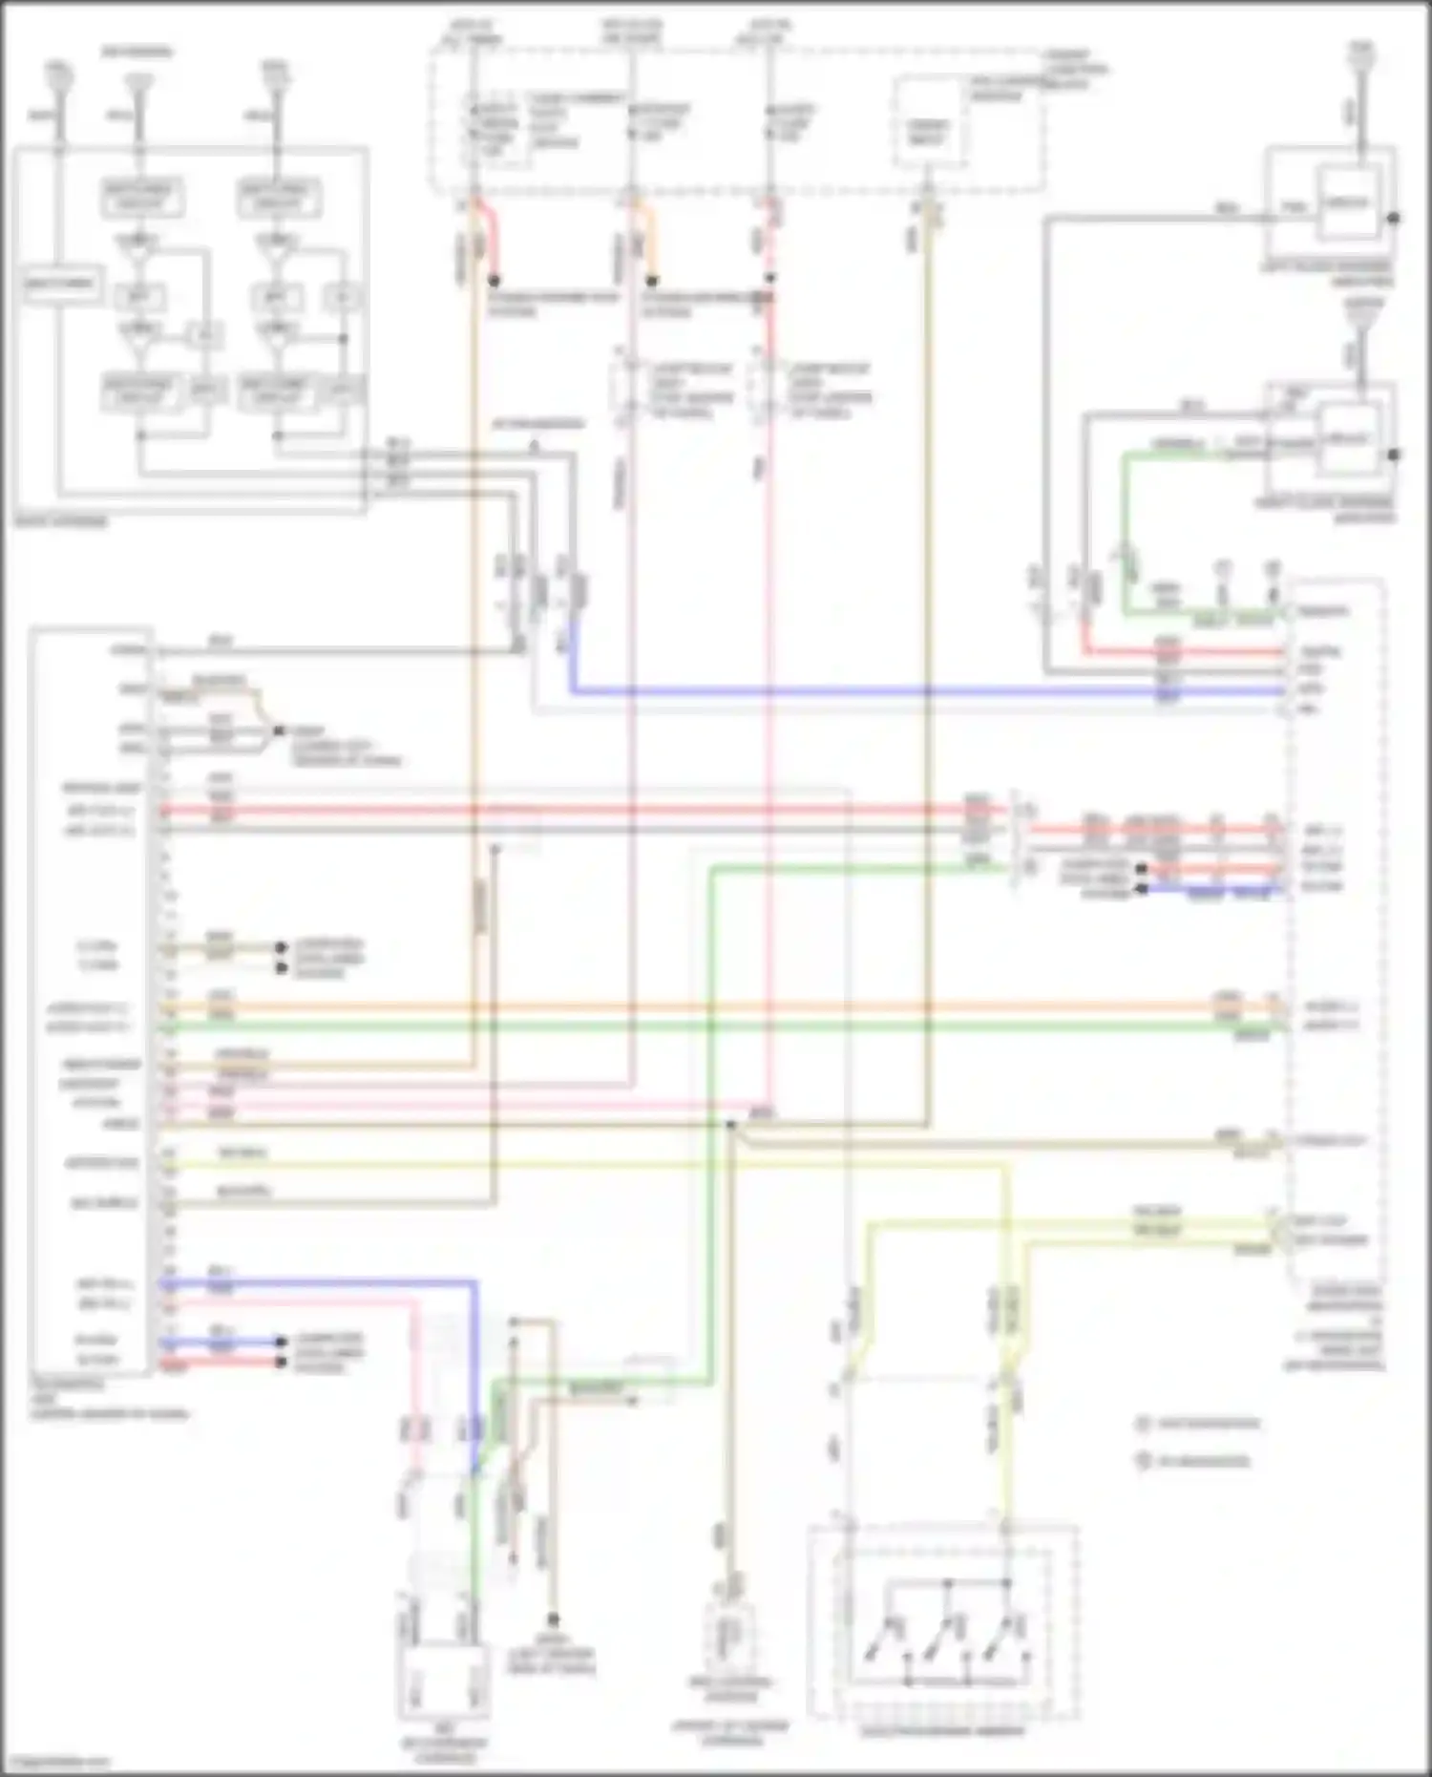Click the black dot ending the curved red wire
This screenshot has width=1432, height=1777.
[495, 282]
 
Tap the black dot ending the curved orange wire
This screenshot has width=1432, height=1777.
[652, 282]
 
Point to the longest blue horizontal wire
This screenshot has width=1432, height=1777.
[859, 690]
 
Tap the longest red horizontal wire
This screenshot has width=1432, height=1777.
[573, 811]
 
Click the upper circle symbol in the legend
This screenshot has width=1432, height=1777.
[1143, 1424]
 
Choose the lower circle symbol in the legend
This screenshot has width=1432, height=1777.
[1143, 1461]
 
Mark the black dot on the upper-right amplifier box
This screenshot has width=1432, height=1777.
[1393, 219]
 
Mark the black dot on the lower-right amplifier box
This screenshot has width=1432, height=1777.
[1393, 455]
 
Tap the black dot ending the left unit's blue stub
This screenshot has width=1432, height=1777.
[281, 1342]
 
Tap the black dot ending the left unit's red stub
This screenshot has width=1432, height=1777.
[281, 1362]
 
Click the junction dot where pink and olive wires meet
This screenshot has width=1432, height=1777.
[731, 1126]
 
